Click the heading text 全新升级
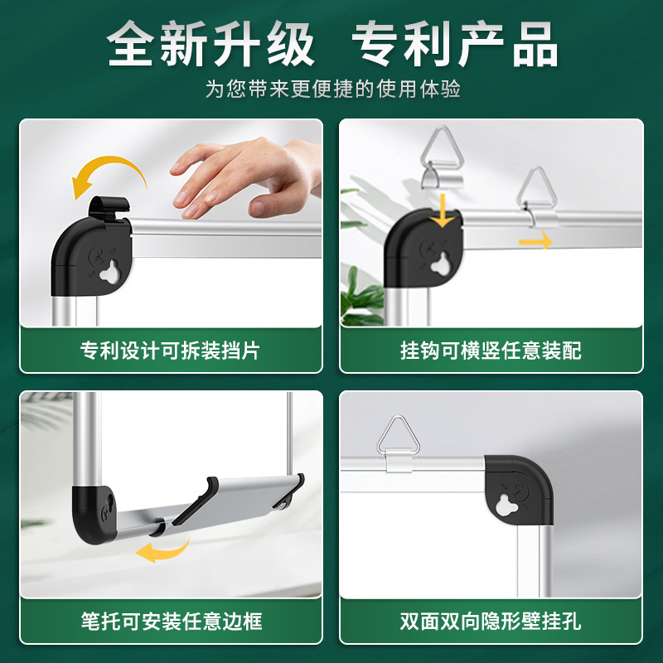coord(211,43)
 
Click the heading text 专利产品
coord(454,43)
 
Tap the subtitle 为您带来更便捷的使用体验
coord(332,89)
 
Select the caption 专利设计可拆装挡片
coord(170,350)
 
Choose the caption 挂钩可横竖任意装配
coord(491,350)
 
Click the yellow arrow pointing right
coord(535,241)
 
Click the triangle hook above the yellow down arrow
coord(441,157)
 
